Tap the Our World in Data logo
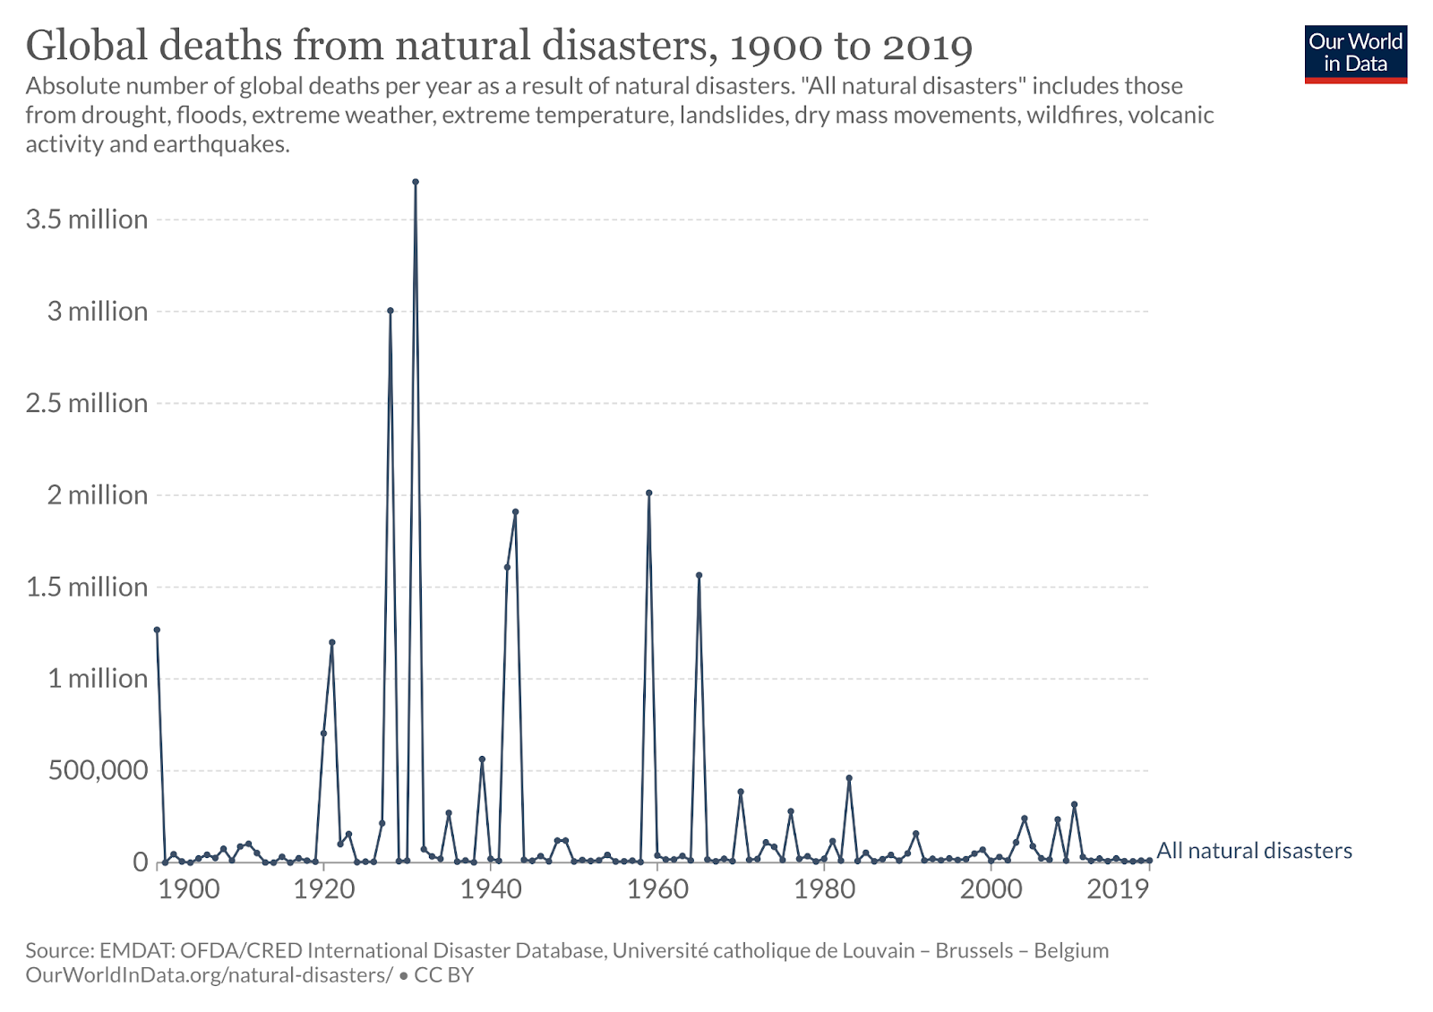click(x=1355, y=54)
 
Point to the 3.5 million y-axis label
click(x=87, y=219)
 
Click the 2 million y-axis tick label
click(x=97, y=495)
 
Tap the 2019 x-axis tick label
click(x=1118, y=888)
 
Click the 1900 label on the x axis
click(x=189, y=888)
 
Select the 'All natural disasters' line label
click(x=1254, y=851)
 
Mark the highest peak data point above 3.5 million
click(x=416, y=182)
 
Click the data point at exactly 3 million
click(x=390, y=311)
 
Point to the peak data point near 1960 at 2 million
click(x=649, y=493)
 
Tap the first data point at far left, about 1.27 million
click(x=157, y=630)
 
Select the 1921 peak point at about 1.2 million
click(x=332, y=642)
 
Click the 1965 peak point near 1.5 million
click(x=699, y=575)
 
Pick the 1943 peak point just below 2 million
click(x=515, y=512)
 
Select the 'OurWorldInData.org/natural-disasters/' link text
click(x=209, y=975)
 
